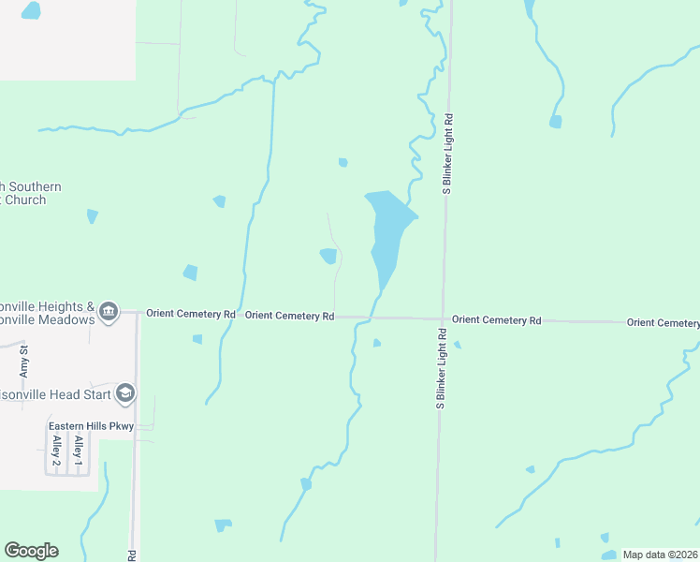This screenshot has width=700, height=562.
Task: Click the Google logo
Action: (31, 551)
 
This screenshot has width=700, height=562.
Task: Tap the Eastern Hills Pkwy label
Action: (92, 426)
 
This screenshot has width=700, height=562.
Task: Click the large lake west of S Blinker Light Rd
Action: (388, 229)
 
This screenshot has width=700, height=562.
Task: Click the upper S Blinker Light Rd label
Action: (448, 155)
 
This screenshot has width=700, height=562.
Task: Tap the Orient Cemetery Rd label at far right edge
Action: (663, 322)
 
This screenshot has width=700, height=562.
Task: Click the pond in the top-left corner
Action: (31, 11)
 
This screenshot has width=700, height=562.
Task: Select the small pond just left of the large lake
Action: (328, 256)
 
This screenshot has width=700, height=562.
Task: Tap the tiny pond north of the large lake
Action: (343, 162)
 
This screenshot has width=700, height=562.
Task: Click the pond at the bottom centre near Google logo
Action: (223, 525)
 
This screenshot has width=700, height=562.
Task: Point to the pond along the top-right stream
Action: (556, 122)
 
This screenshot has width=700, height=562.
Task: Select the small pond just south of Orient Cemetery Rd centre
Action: (376, 343)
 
